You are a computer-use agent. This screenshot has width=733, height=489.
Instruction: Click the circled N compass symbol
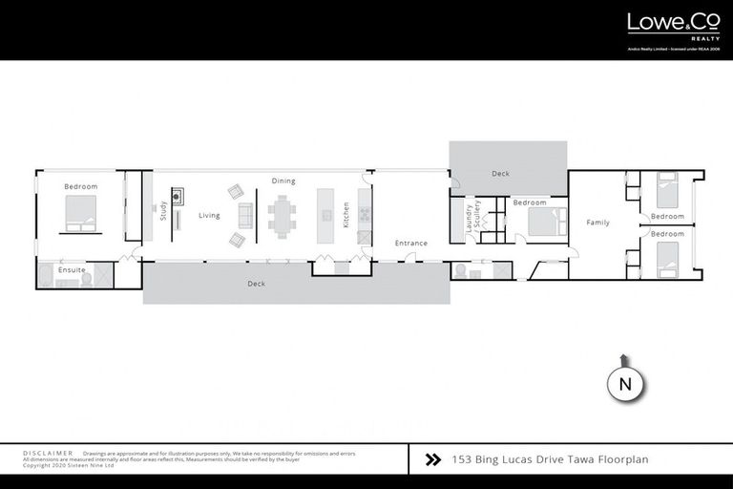tap(625, 384)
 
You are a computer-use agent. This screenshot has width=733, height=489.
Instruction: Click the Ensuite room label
tap(72, 270)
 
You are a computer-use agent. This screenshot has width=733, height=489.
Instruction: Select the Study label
tap(163, 210)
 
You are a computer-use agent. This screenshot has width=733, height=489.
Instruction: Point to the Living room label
tap(209, 216)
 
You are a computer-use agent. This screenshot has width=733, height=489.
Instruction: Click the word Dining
tap(283, 181)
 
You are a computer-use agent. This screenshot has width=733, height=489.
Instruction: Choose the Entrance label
tap(411, 244)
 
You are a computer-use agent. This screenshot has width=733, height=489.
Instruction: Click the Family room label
tap(597, 223)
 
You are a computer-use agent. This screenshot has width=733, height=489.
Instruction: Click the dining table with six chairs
tap(283, 214)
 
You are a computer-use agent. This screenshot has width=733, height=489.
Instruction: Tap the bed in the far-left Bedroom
tap(80, 214)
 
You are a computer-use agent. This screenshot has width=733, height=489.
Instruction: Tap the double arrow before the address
tap(432, 459)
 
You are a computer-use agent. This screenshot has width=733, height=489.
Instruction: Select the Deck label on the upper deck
tap(501, 174)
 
